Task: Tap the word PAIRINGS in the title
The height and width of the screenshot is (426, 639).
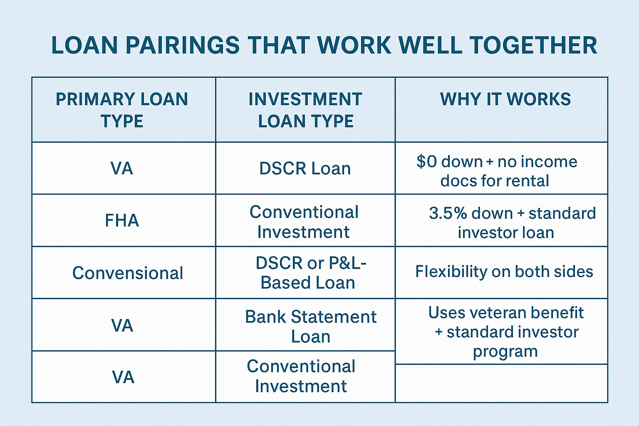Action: (x=182, y=45)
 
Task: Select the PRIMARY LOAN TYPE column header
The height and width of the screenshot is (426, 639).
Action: (x=122, y=110)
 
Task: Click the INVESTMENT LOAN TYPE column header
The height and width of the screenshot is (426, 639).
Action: (x=305, y=110)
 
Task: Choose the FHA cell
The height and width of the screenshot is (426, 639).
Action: (x=122, y=220)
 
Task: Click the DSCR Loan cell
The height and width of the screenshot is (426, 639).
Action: (x=305, y=168)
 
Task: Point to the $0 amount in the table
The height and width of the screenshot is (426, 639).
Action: (x=427, y=162)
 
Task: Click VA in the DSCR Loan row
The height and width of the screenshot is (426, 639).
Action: (x=122, y=168)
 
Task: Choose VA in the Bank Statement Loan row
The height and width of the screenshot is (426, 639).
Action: (x=122, y=326)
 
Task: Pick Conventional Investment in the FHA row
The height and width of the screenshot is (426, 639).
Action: (x=304, y=222)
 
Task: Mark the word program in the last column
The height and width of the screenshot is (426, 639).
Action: (x=505, y=352)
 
